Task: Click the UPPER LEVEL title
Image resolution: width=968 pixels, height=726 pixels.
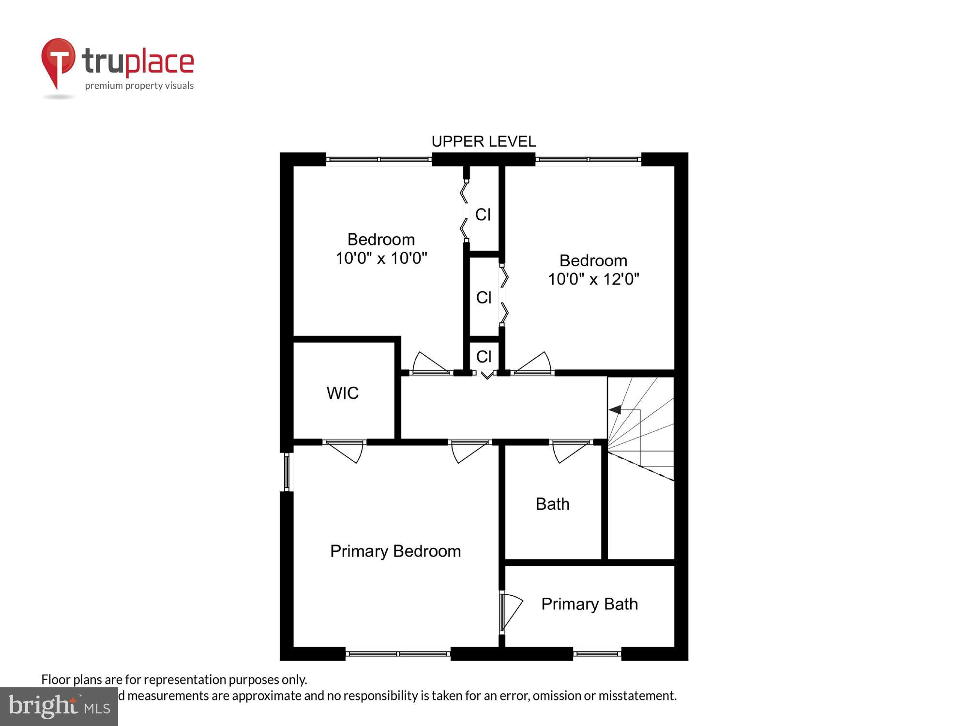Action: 484,141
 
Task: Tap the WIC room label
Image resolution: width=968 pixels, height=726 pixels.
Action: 343,393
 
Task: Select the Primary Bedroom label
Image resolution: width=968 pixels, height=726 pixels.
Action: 395,551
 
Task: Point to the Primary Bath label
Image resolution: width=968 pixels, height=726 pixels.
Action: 590,604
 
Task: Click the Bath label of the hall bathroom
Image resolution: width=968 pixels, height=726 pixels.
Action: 552,504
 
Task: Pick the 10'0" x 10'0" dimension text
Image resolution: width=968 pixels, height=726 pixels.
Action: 381,258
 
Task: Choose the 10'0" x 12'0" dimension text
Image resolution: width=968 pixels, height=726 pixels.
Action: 593,279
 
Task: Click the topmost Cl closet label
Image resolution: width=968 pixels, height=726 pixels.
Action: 483,214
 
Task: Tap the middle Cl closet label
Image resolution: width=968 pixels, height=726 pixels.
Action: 484,297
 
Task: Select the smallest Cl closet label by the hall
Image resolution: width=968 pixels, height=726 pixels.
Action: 484,357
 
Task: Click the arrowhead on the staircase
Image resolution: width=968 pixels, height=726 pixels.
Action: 615,410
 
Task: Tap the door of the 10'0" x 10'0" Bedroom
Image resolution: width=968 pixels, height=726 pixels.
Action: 430,364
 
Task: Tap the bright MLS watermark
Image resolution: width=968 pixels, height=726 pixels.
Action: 59,707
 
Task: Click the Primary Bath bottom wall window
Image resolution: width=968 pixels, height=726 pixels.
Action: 597,654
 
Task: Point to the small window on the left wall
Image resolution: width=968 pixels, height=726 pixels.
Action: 287,471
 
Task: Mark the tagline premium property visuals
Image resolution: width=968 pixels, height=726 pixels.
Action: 139,86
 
